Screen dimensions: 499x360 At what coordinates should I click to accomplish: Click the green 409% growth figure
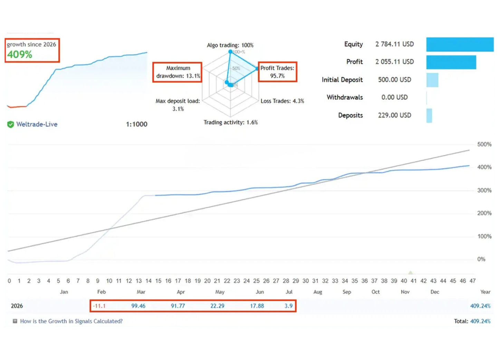[x=20, y=54]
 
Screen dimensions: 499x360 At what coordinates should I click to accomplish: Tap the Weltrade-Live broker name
[x=37, y=124]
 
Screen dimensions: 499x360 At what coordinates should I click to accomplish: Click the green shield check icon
[x=10, y=124]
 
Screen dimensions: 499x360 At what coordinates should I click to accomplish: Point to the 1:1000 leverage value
[x=136, y=124]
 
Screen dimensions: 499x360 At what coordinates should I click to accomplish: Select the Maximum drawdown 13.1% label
[x=178, y=72]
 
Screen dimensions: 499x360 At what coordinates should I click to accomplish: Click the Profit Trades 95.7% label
[x=277, y=72]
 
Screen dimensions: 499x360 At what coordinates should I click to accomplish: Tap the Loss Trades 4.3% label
[x=282, y=101]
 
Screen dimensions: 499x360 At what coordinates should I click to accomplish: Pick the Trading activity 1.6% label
[x=231, y=122]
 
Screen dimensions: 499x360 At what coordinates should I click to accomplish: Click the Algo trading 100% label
[x=230, y=45]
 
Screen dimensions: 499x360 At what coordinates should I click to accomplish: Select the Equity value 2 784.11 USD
[x=394, y=44]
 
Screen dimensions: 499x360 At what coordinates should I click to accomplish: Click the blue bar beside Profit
[x=451, y=62]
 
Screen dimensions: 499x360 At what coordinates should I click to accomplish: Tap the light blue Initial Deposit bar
[x=432, y=80]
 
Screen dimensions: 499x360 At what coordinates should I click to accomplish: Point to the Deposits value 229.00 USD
[x=394, y=115]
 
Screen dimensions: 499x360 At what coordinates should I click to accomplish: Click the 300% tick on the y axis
[x=484, y=190]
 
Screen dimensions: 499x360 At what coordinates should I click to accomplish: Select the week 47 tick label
[x=472, y=281]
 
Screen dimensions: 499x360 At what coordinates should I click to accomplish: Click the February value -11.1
[x=99, y=306]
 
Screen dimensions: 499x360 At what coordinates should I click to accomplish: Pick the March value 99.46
[x=138, y=306]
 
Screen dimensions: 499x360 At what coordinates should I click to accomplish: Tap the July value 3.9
[x=288, y=306]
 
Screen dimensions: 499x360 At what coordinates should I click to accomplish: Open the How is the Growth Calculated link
[x=71, y=321]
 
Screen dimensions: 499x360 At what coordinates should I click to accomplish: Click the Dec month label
[x=435, y=292]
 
